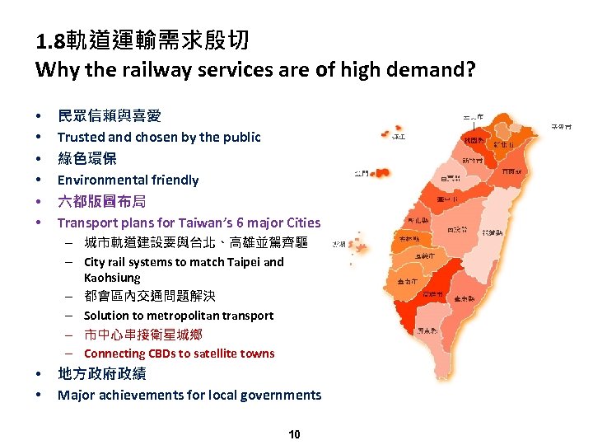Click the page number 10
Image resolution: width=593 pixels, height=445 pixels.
click(294, 434)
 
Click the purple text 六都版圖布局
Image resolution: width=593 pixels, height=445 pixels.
click(100, 201)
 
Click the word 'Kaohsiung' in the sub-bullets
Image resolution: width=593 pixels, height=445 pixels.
click(112, 278)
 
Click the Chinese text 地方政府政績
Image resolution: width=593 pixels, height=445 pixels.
click(101, 374)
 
